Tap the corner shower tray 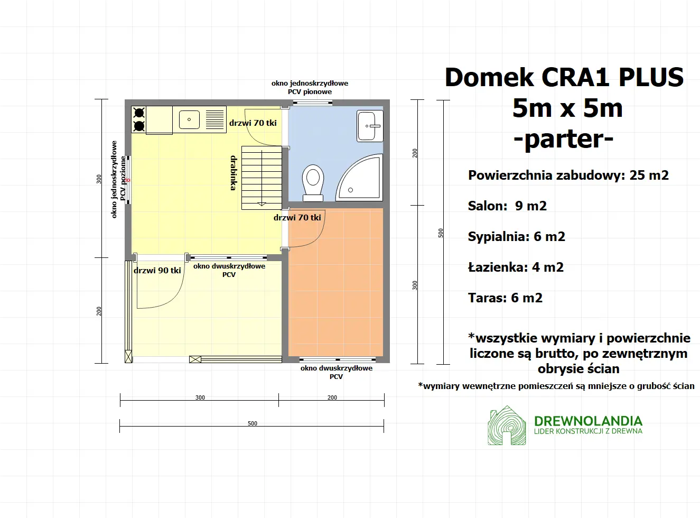(x=362, y=179)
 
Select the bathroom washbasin (x=369, y=126)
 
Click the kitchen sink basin (x=189, y=119)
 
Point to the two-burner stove (x=139, y=119)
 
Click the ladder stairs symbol (x=262, y=178)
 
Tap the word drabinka (x=234, y=173)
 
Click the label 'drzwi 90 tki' (x=157, y=270)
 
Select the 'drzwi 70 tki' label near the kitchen (x=253, y=123)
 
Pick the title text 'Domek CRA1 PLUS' (x=564, y=77)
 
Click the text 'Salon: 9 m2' (x=507, y=206)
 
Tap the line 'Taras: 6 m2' (x=505, y=298)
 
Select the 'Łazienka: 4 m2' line (x=516, y=267)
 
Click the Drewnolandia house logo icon (x=507, y=425)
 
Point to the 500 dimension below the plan (x=253, y=423)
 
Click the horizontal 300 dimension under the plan (x=200, y=397)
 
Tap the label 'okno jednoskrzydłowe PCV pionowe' (x=310, y=87)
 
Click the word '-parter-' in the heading (x=564, y=138)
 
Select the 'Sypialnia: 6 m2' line (x=516, y=236)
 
